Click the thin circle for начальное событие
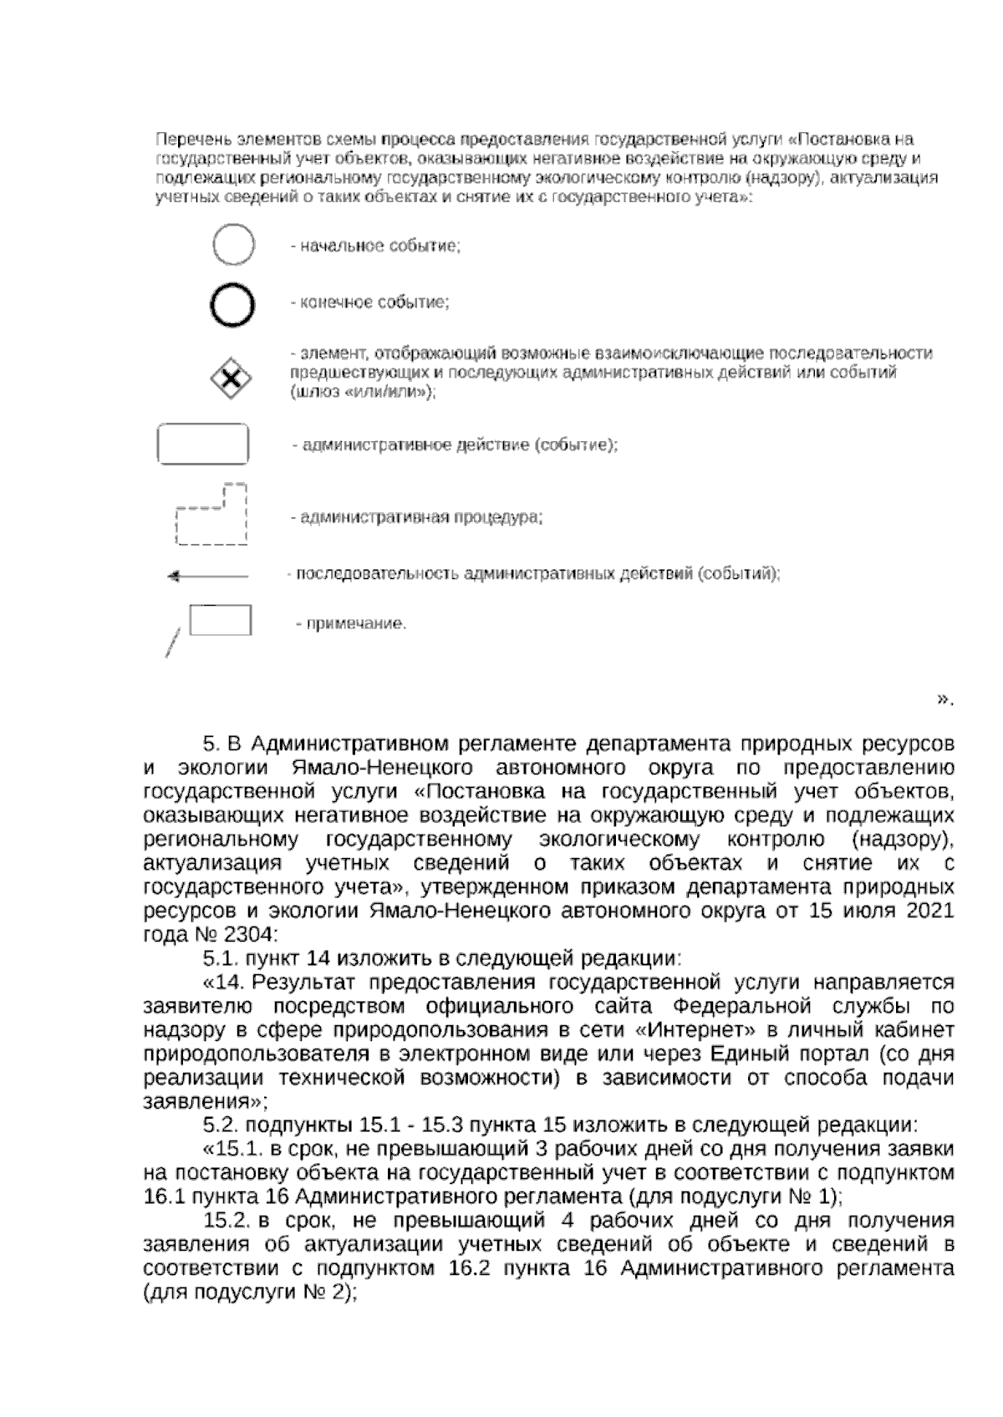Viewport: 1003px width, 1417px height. click(x=233, y=246)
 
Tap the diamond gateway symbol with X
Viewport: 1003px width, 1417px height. click(x=231, y=381)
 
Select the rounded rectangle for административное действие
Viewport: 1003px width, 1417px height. click(x=202, y=444)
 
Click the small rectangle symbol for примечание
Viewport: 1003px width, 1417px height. click(x=220, y=620)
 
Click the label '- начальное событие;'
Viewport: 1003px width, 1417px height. click(x=375, y=246)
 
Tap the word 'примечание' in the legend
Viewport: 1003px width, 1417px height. click(x=354, y=623)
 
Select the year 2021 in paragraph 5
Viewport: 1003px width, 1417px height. click(x=928, y=911)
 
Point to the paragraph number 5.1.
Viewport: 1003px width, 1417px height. click(x=221, y=957)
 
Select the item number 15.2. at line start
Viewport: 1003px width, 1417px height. click(x=227, y=1220)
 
